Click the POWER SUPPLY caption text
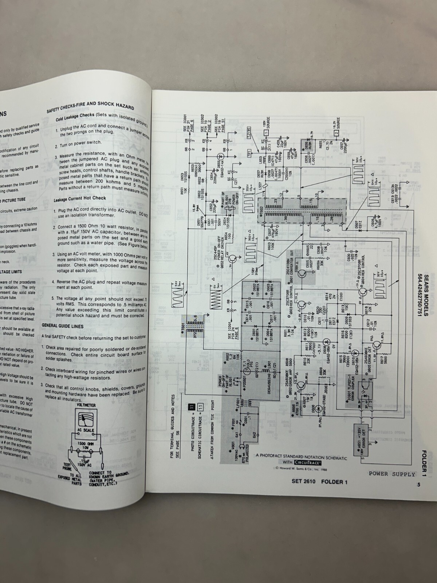tap(392, 474)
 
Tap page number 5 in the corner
tap(419, 485)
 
